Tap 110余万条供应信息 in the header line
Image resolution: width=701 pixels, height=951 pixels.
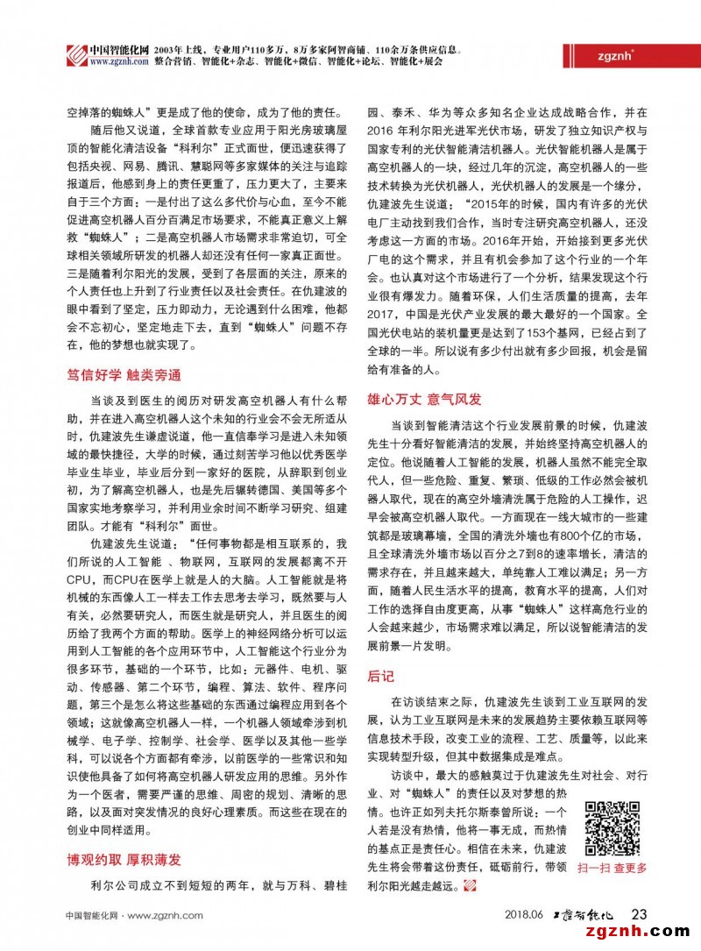click(x=427, y=48)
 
